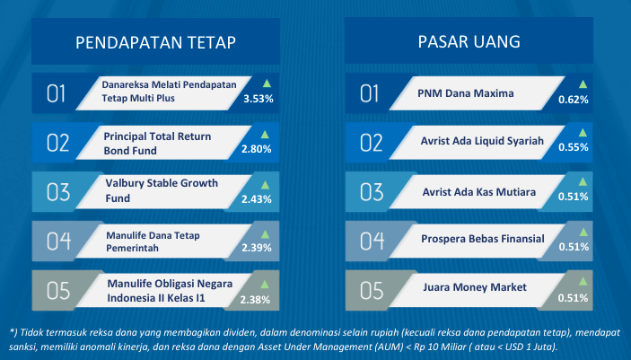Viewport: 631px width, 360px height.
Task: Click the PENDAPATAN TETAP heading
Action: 155,42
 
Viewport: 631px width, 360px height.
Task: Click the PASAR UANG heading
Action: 469,41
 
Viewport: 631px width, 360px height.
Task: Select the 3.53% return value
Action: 259,99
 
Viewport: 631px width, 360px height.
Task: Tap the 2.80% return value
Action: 257,149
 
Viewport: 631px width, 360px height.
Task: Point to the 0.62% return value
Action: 574,100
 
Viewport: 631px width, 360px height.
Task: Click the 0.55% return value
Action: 574,147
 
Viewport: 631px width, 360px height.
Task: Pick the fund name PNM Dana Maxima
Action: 466,93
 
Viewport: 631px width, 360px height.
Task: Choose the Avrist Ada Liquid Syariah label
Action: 482,141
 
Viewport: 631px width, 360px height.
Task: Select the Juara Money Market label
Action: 475,287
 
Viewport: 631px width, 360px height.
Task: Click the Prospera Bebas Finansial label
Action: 483,239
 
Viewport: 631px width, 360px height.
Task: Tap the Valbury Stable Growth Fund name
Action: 162,190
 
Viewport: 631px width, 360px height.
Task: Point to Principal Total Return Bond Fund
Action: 157,144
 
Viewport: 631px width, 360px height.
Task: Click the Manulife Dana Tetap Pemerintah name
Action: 153,241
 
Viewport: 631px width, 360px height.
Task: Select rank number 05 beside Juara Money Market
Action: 372,290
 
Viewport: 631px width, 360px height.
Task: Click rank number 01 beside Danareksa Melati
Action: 56,94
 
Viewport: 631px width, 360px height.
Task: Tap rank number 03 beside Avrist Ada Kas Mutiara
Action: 372,192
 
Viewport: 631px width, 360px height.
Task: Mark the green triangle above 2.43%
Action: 265,185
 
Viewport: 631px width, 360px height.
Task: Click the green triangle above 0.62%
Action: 583,84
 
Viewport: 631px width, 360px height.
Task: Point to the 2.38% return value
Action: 255,300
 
